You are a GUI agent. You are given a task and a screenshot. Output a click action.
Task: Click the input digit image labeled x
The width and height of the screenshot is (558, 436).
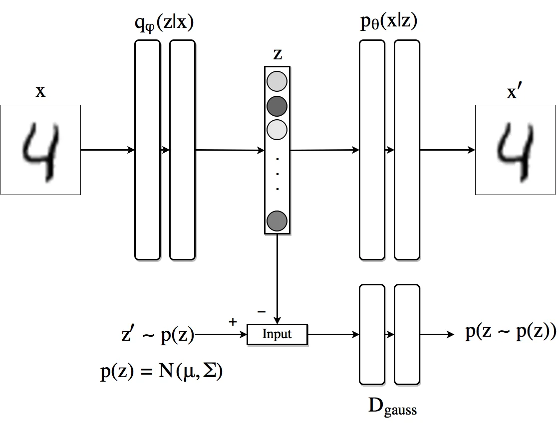(x=40, y=150)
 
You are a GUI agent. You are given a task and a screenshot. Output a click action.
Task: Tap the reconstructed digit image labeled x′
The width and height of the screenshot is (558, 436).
(x=515, y=150)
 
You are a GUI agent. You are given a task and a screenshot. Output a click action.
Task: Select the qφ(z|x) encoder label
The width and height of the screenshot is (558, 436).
(x=164, y=23)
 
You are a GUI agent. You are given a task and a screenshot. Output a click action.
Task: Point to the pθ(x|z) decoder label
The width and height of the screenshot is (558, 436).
(x=389, y=22)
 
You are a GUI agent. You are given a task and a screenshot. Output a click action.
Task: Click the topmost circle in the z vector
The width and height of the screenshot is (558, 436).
(x=277, y=81)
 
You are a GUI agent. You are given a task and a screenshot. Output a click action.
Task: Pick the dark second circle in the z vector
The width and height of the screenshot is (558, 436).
(x=277, y=106)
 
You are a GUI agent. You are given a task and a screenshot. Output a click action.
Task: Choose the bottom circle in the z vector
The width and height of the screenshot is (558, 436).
(x=277, y=221)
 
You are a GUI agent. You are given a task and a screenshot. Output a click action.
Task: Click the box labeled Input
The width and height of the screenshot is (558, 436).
(x=277, y=334)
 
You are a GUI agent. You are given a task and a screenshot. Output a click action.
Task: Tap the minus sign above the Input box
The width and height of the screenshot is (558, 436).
(x=262, y=312)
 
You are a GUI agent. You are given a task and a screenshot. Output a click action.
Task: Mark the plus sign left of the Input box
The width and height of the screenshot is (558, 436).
(x=233, y=322)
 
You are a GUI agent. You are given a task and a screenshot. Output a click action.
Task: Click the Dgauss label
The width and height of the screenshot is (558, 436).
(x=392, y=407)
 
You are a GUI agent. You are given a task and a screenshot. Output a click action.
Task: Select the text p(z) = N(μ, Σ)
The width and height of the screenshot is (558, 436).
(x=162, y=372)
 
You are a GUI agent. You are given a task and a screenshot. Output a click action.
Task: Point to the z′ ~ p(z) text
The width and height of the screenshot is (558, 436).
(x=158, y=335)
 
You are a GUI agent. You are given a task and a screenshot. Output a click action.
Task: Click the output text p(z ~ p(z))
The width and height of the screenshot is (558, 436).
(x=511, y=331)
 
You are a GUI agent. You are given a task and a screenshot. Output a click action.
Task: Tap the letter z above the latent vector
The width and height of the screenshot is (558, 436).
(x=278, y=54)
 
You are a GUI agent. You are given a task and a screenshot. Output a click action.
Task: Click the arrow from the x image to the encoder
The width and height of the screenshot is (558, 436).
(x=107, y=150)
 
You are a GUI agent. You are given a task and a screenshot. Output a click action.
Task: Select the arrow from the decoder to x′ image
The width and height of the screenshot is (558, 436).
(x=448, y=150)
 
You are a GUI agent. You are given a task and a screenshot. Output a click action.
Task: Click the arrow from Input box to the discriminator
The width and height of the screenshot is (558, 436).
(x=333, y=335)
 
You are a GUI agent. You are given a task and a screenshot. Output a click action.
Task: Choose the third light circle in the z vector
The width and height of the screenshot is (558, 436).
(x=277, y=129)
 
